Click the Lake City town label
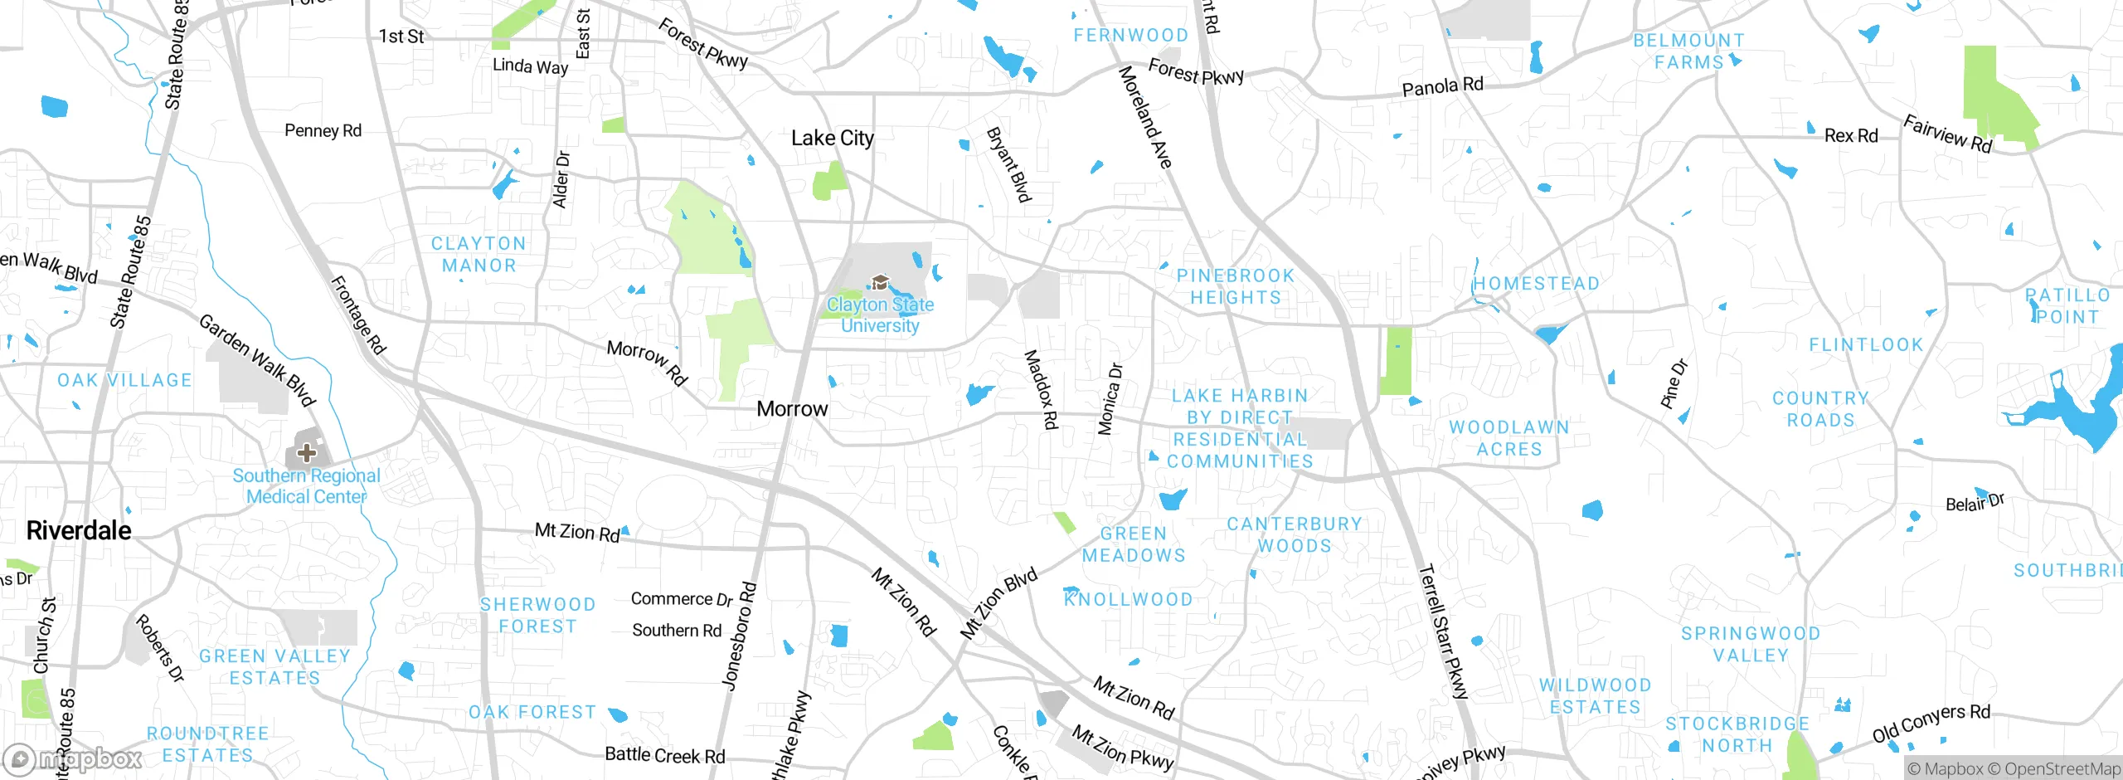(832, 138)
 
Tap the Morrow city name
(792, 408)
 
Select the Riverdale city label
(79, 530)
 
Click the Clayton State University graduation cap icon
(880, 283)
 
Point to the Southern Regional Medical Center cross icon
(307, 452)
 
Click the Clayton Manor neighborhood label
(479, 254)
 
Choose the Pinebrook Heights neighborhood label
(1235, 286)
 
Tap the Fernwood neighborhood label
(1130, 35)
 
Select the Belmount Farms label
(1688, 51)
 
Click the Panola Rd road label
(1442, 86)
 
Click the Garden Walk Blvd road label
(257, 360)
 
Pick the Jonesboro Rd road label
(739, 636)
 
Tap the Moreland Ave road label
(1145, 117)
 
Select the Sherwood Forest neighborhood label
(537, 615)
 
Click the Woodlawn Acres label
(1508, 438)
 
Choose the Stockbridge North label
(1737, 734)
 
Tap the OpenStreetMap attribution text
(2062, 769)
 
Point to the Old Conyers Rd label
(1931, 722)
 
